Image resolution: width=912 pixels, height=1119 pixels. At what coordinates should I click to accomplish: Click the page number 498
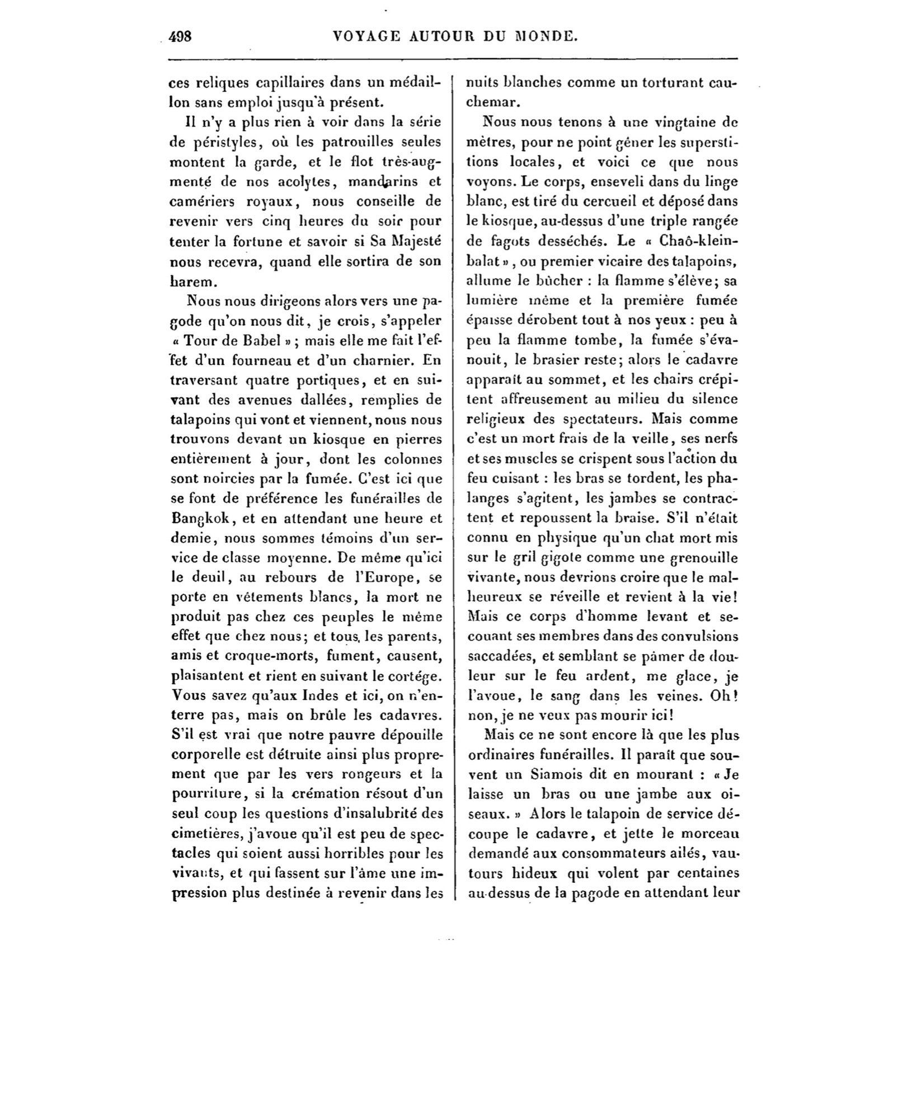180,37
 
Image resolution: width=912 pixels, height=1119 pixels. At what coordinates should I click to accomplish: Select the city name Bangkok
199,518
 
